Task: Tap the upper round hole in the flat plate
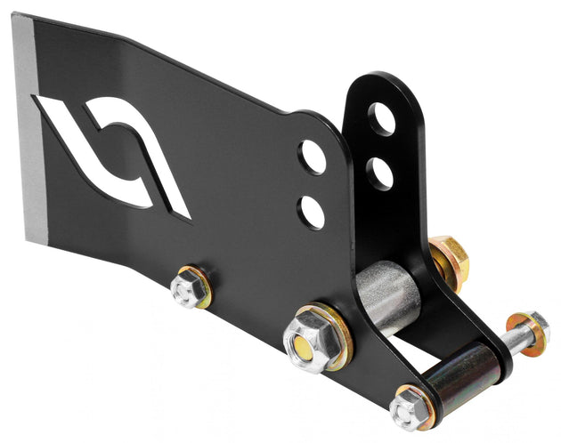tap(313, 157)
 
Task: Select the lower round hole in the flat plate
tap(312, 212)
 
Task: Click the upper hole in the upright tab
tap(382, 119)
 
